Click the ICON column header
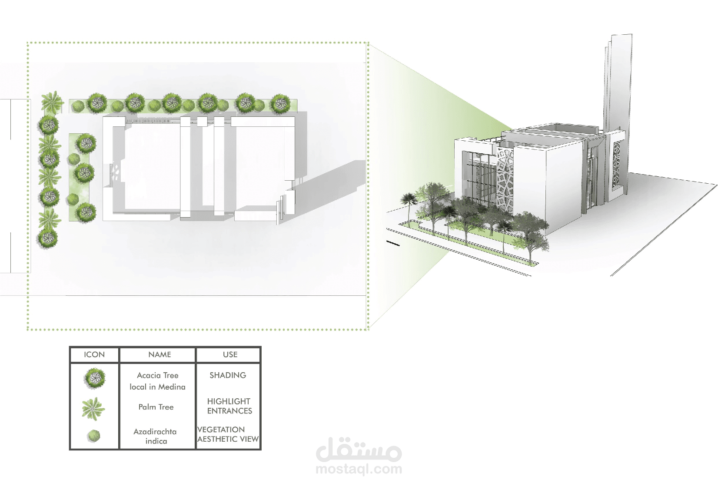(x=94, y=354)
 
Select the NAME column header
(x=160, y=354)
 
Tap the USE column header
(x=230, y=354)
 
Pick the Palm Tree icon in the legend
(x=93, y=408)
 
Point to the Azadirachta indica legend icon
(x=93, y=436)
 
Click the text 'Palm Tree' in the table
(x=156, y=407)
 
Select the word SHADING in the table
(x=228, y=375)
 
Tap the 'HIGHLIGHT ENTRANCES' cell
(x=229, y=406)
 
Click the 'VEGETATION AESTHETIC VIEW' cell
(x=228, y=434)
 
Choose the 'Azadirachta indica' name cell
(x=155, y=436)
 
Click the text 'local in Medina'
(x=157, y=387)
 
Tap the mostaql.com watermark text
(x=359, y=469)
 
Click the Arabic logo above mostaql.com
(x=359, y=450)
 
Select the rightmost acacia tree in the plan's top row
(x=280, y=104)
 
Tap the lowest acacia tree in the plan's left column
(x=47, y=238)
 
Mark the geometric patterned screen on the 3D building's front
(x=505, y=180)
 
